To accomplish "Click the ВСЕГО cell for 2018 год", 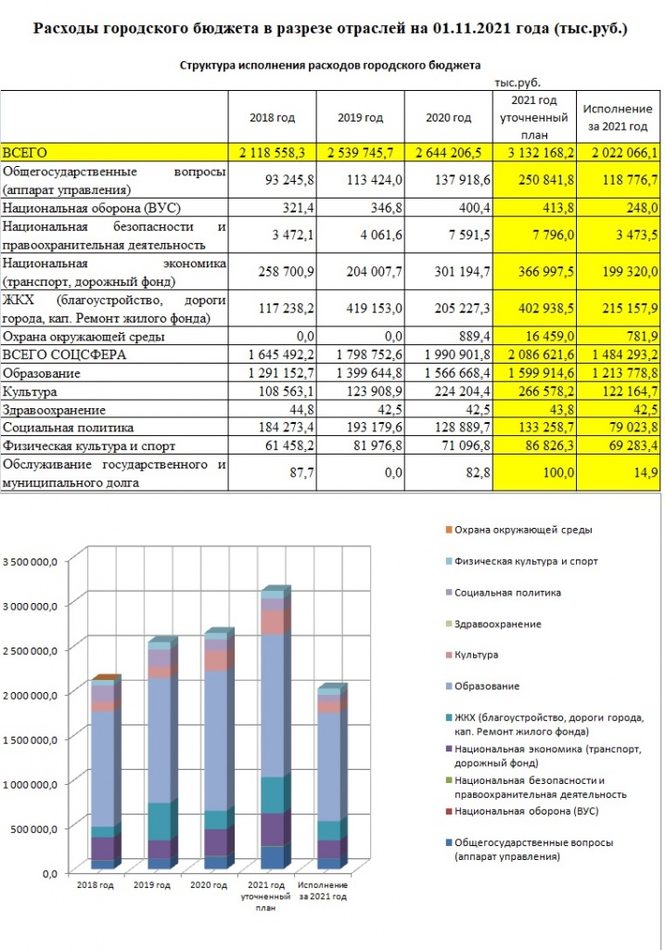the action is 272,153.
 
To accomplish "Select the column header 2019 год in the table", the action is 361,118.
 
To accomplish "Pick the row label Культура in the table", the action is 30,392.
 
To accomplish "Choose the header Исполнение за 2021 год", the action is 618,118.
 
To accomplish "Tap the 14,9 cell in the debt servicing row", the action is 646,472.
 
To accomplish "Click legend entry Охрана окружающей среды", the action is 523,530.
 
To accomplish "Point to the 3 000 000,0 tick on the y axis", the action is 31,606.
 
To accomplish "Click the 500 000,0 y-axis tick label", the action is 34,828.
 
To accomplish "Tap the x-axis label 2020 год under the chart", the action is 209,885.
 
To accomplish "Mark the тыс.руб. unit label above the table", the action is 518,83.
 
